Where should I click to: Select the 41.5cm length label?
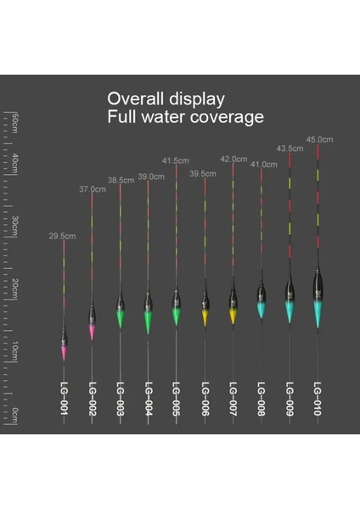pos(176,160)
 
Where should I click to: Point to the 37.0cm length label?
pos(92,189)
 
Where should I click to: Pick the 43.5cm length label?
pos(290,148)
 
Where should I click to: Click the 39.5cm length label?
pos(204,174)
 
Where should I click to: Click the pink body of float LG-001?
pos(63,348)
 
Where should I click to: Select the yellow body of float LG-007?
pos(233,315)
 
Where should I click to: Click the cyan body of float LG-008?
pos(261,310)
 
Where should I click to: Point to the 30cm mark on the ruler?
pos(15,223)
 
